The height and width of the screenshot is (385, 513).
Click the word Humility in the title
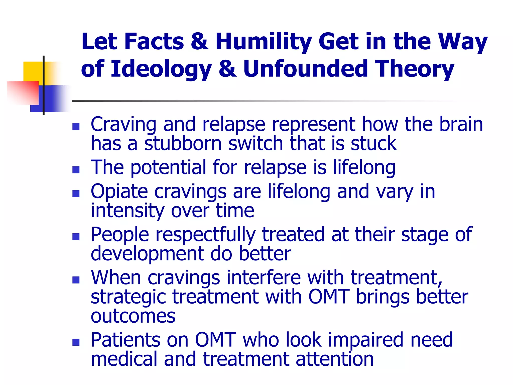click(x=264, y=42)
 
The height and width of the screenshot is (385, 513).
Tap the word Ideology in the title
click(x=161, y=69)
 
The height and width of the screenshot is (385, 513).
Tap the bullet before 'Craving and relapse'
click(x=76, y=127)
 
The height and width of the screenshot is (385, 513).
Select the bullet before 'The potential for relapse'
click(x=76, y=170)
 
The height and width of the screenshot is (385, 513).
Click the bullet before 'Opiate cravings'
click(x=76, y=194)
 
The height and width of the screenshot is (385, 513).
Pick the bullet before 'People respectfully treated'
click(x=76, y=237)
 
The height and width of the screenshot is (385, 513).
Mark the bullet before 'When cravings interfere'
click(x=76, y=280)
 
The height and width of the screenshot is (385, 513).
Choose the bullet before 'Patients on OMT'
click(x=76, y=342)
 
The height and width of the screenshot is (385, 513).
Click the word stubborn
click(x=183, y=143)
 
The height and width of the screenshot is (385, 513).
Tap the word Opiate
click(x=119, y=191)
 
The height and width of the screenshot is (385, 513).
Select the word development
click(x=147, y=254)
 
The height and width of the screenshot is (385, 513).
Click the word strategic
click(x=128, y=297)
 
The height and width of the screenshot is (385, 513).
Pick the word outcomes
click(x=133, y=316)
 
